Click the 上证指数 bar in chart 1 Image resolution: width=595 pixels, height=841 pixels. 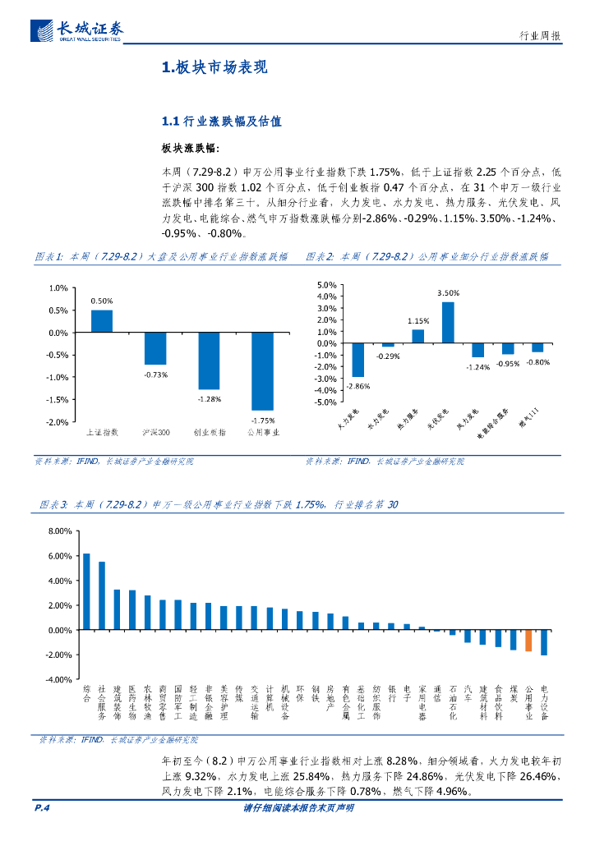coord(102,321)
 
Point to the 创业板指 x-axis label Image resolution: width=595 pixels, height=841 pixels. coord(209,431)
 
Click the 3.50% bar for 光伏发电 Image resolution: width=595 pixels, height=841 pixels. coord(448,322)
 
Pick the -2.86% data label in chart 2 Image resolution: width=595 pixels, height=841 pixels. coord(357,386)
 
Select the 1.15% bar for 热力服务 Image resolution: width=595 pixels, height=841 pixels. coord(418,336)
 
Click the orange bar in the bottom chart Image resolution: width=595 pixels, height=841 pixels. coord(528,641)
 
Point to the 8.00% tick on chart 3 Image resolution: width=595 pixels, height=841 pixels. coord(61,531)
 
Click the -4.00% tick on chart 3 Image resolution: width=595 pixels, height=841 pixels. coord(59,680)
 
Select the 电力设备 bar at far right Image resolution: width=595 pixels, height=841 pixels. coord(544,642)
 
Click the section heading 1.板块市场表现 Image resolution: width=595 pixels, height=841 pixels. coord(214,68)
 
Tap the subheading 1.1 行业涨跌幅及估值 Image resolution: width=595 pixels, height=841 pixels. coord(222,122)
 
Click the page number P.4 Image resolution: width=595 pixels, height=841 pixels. coord(43,808)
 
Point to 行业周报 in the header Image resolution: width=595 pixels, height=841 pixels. coord(541,36)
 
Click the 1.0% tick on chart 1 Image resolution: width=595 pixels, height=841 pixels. coord(58,288)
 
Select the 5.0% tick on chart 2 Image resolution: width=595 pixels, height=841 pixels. coord(326,285)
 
